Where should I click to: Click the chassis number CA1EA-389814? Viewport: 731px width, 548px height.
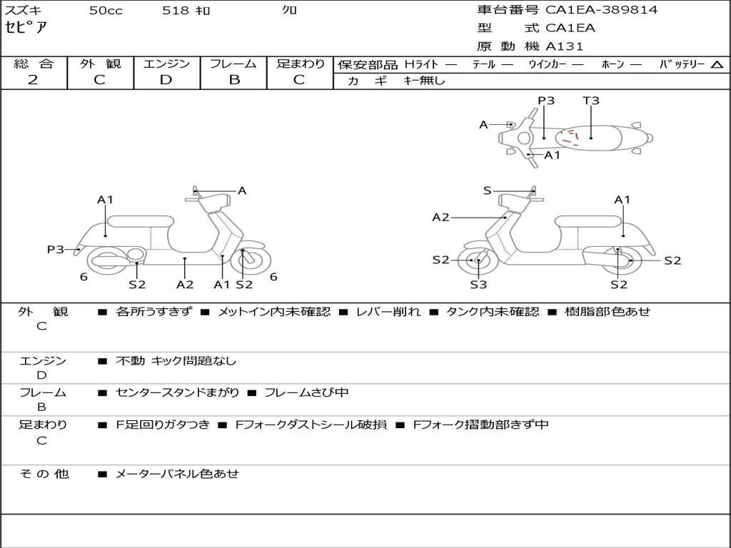click(601, 10)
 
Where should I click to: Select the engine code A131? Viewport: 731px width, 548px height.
click(564, 46)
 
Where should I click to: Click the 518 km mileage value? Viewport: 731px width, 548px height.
click(186, 11)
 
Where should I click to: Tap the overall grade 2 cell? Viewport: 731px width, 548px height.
click(33, 80)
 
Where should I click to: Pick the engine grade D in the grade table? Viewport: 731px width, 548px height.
click(166, 80)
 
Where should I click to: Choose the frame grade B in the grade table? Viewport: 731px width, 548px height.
click(233, 80)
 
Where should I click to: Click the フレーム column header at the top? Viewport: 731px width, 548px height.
click(233, 64)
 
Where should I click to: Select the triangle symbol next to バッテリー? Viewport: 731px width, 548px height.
click(717, 65)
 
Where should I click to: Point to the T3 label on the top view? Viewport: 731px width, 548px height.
click(590, 101)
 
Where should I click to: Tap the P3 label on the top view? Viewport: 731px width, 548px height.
click(546, 101)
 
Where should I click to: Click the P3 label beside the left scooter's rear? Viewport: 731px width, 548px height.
click(56, 250)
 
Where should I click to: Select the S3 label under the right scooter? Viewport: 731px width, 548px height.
click(478, 285)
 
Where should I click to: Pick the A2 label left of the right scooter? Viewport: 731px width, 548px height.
click(440, 218)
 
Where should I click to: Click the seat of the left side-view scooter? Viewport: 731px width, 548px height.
click(140, 220)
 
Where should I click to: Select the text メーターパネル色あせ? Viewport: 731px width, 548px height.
click(177, 473)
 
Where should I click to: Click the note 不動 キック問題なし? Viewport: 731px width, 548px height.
click(176, 361)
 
